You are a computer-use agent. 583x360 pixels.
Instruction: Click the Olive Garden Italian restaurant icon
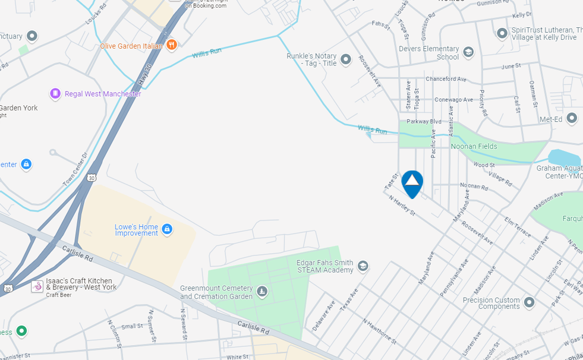pyautogui.click(x=171, y=45)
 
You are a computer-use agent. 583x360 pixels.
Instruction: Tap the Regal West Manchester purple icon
pyautogui.click(x=55, y=93)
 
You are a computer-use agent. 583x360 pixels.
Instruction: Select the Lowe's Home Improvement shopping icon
pyautogui.click(x=167, y=229)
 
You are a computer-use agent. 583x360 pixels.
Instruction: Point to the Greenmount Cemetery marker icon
pyautogui.click(x=262, y=292)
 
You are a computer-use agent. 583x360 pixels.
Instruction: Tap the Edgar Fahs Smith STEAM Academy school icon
pyautogui.click(x=363, y=266)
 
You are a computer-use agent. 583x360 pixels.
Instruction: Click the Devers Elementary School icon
pyautogui.click(x=468, y=52)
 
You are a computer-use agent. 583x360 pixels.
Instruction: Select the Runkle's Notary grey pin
pyautogui.click(x=346, y=59)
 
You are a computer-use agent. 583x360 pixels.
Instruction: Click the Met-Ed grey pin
pyautogui.click(x=572, y=118)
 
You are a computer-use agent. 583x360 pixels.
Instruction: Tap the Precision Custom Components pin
pyautogui.click(x=529, y=303)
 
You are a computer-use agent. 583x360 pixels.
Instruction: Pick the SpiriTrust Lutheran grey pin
pyautogui.click(x=502, y=33)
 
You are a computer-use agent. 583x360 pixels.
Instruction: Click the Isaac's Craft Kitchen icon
pyautogui.click(x=37, y=286)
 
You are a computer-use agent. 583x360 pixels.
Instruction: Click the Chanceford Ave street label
pyautogui.click(x=446, y=79)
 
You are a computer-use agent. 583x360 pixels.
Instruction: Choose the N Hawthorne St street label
pyautogui.click(x=380, y=331)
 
